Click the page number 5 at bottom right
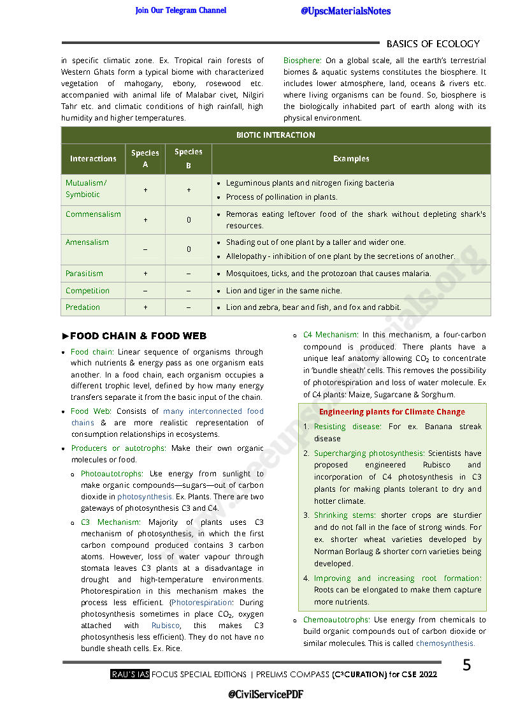[466, 666]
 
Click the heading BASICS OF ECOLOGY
[433, 44]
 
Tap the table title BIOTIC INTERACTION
[275, 135]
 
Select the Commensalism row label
[93, 214]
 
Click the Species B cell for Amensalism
[189, 249]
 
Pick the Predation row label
[83, 307]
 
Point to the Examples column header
[351, 159]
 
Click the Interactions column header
[93, 159]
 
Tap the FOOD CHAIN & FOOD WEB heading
[138, 336]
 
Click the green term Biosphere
[302, 61]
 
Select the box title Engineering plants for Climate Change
[392, 412]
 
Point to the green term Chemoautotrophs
[336, 620]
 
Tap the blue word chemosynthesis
[445, 643]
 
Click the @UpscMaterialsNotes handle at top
[345, 11]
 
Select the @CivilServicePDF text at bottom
[265, 694]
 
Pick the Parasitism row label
[84, 274]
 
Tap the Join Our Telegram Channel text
[180, 10]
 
